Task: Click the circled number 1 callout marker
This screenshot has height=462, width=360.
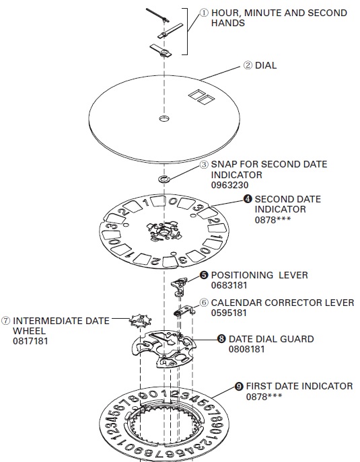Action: click(x=204, y=13)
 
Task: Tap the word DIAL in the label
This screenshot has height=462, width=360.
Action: click(x=266, y=65)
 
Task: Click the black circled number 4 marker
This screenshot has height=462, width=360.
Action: click(x=248, y=199)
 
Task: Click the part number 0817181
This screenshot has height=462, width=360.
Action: click(x=30, y=341)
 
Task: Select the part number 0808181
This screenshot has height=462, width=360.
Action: click(x=247, y=349)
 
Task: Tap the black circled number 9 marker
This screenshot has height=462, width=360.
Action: click(x=239, y=386)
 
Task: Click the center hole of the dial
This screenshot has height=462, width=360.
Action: click(x=164, y=118)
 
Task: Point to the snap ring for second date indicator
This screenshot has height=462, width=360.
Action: click(x=164, y=179)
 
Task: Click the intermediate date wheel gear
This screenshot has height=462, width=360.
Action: click(x=141, y=321)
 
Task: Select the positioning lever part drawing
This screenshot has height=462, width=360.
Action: click(x=179, y=286)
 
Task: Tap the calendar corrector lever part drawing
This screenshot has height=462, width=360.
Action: click(x=184, y=311)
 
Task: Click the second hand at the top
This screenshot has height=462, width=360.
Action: click(x=157, y=15)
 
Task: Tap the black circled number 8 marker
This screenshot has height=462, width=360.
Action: click(x=221, y=339)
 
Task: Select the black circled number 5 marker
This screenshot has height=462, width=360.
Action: click(x=204, y=275)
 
